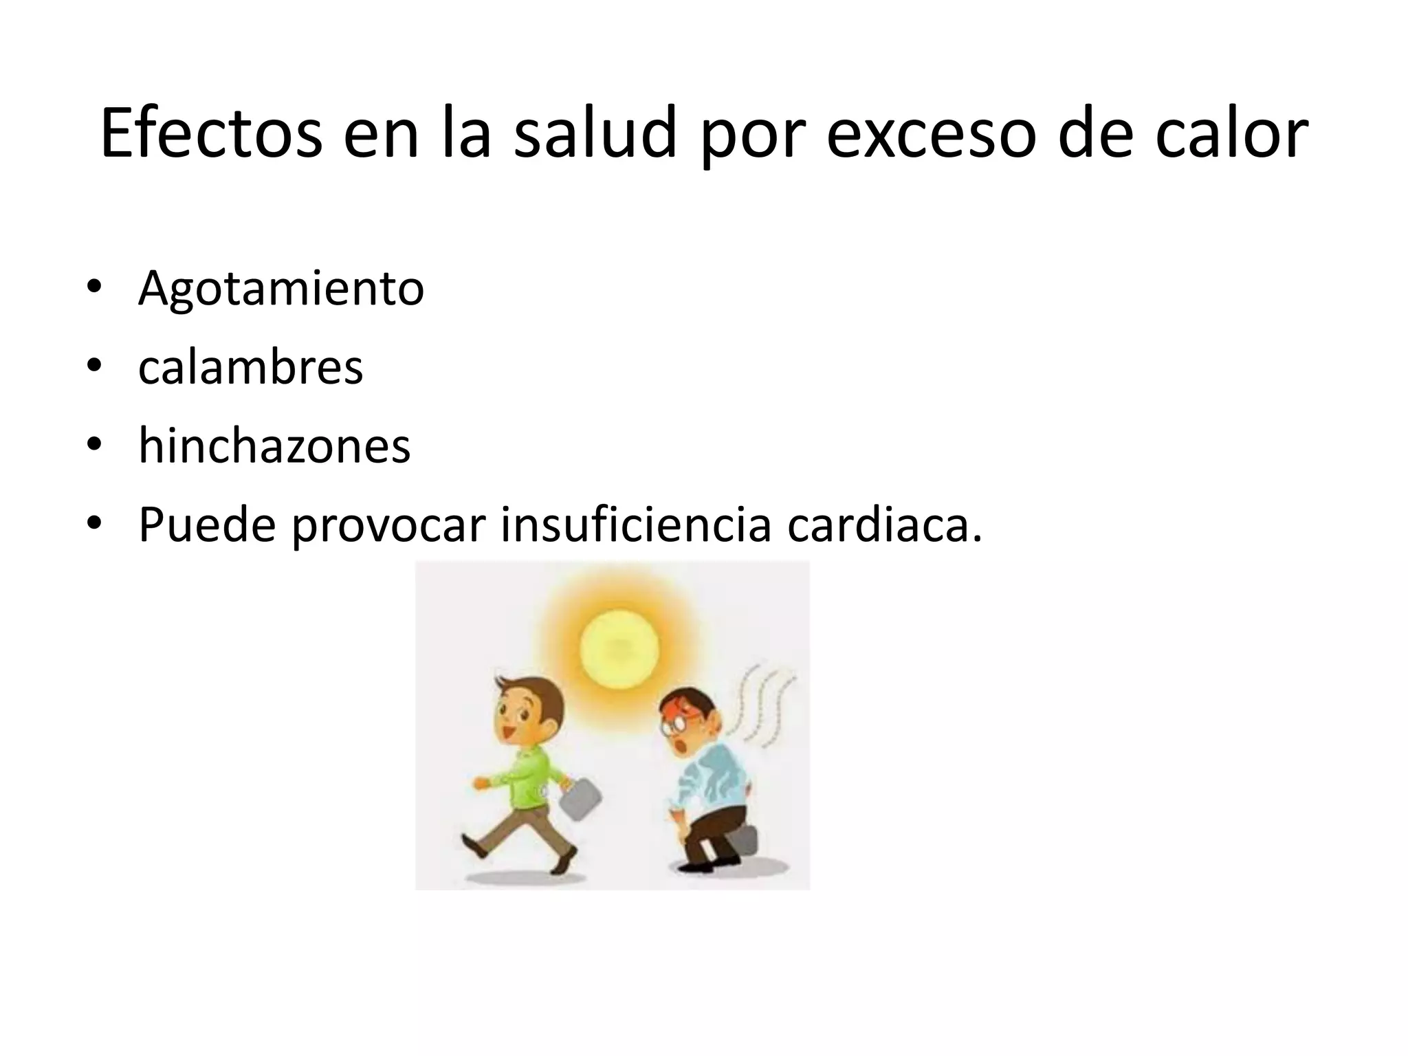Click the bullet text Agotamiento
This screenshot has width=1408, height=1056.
281,288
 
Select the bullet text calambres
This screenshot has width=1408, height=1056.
250,368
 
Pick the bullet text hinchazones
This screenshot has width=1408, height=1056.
274,446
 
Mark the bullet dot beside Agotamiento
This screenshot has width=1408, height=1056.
94,288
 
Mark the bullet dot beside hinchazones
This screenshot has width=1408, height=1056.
94,446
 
